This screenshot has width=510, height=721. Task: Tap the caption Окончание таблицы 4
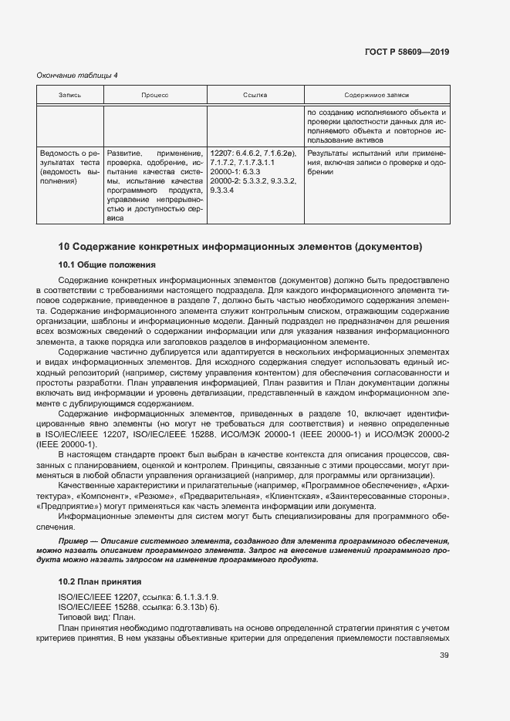point(78,75)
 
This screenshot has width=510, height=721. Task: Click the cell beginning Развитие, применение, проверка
point(154,186)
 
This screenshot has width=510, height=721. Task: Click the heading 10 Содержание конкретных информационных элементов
point(241,247)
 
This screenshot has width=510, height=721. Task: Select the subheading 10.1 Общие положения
point(107,264)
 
